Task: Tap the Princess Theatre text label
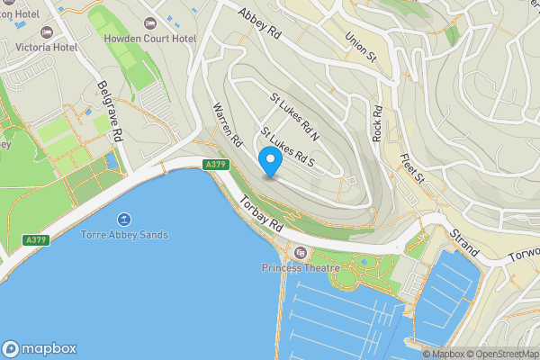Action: coord(300,267)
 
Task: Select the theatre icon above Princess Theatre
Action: coord(301,253)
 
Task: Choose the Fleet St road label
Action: coord(412,167)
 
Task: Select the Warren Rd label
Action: coord(227,125)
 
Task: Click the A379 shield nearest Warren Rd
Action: coord(214,165)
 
